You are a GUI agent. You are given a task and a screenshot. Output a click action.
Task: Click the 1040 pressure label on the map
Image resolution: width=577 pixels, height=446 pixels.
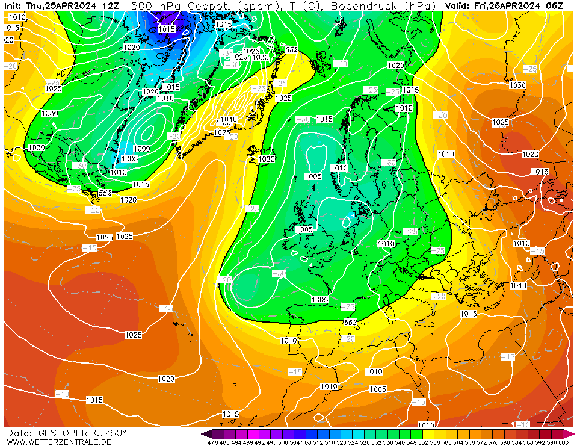point(228,119)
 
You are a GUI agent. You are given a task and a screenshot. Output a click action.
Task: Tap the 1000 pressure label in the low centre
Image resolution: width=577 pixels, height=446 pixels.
point(143,149)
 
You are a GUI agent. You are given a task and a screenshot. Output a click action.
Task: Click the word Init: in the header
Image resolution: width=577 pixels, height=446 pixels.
point(13,5)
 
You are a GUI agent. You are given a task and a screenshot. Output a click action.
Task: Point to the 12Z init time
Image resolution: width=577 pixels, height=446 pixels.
point(110,5)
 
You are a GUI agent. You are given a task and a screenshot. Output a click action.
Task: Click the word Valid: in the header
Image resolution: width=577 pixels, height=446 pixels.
point(458,5)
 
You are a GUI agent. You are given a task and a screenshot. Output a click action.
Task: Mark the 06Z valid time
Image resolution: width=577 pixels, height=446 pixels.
point(555,5)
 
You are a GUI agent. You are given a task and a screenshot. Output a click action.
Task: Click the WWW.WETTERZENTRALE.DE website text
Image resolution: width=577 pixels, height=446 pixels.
point(59,442)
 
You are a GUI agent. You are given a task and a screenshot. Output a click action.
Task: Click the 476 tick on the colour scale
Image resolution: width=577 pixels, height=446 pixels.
point(212,442)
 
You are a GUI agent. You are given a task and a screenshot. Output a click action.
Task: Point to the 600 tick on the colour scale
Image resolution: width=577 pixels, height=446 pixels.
point(563,442)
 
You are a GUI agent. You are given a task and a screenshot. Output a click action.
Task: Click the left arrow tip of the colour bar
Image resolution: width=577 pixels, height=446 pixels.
point(203,433)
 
